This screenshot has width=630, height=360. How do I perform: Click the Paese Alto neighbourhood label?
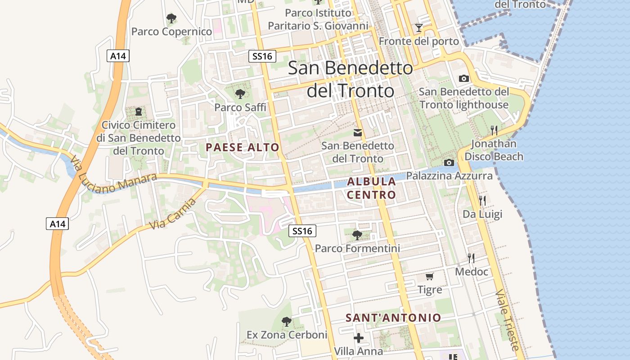(x=243, y=148)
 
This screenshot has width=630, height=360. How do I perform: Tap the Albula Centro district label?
(x=372, y=188)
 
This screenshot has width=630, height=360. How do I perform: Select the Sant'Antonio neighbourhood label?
(x=393, y=318)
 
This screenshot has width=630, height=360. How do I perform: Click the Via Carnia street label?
(x=173, y=213)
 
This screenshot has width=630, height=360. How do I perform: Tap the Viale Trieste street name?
(x=508, y=320)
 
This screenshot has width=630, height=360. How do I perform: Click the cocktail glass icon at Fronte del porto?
(x=419, y=28)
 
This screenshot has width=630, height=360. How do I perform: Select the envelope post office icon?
(x=358, y=132)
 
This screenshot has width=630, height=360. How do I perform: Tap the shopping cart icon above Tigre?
(x=430, y=276)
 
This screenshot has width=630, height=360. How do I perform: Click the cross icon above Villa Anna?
(x=359, y=337)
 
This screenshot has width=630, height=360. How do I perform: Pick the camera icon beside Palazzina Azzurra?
(x=449, y=162)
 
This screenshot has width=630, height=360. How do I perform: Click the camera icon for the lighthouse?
(x=463, y=79)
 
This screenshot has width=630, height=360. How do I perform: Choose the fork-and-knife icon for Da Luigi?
(x=482, y=200)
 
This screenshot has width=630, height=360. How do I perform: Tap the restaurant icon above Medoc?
(x=471, y=258)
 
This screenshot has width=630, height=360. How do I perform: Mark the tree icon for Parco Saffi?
(x=240, y=94)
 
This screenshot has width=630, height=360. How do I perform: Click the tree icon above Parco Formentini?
(x=357, y=235)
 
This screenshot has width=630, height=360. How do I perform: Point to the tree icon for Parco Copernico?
(x=171, y=18)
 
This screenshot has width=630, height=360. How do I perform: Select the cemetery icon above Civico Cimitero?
(x=139, y=111)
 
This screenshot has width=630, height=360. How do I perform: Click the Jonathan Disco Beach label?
(x=494, y=150)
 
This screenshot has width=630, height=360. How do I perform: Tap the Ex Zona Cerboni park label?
(x=287, y=335)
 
